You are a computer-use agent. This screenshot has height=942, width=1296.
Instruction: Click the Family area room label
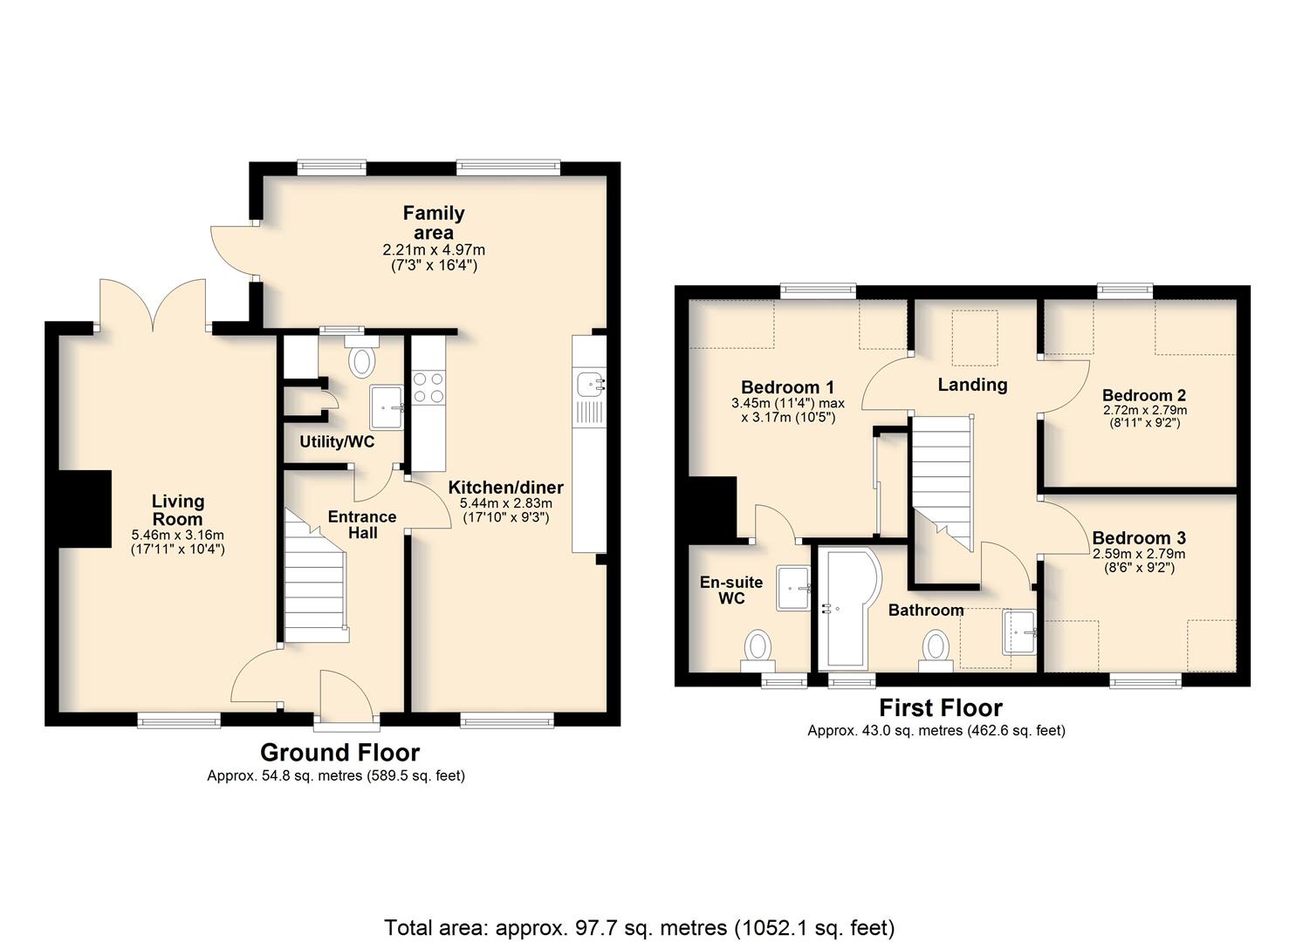(x=434, y=222)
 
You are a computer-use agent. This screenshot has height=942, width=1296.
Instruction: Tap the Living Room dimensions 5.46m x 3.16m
(x=178, y=536)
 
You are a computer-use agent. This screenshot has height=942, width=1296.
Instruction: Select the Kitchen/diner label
(x=505, y=488)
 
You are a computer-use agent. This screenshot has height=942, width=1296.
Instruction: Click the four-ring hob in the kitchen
(x=429, y=387)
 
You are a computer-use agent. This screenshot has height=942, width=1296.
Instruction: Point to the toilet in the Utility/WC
(x=361, y=357)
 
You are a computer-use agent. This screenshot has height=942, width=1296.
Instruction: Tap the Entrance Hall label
(x=362, y=524)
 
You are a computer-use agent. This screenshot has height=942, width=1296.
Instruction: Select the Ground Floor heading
(x=339, y=753)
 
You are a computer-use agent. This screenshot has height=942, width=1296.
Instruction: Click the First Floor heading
(x=941, y=707)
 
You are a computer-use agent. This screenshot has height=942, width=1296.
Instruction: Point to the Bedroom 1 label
(x=787, y=387)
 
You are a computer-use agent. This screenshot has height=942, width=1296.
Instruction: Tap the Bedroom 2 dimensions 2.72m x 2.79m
(x=1144, y=411)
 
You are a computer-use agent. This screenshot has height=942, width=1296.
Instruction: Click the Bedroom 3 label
(x=1139, y=538)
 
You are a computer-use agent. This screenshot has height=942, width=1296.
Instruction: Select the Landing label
(x=972, y=385)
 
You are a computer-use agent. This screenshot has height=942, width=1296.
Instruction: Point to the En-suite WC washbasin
(x=793, y=589)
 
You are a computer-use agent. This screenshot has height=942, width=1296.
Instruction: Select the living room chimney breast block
(x=85, y=509)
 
